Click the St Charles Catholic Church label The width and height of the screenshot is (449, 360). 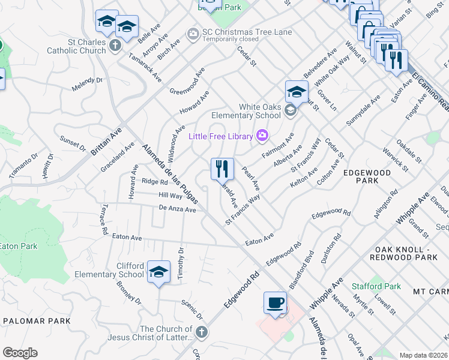pyautogui.click(x=78, y=46)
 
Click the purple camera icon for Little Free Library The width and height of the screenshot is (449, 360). pyautogui.click(x=262, y=136)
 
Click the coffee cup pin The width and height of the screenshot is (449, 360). pyautogui.click(x=275, y=302)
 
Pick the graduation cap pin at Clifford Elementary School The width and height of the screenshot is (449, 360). pyautogui.click(x=158, y=273)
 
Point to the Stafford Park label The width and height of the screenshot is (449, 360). pyautogui.click(x=376, y=286)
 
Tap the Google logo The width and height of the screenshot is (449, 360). pyautogui.click(x=19, y=353)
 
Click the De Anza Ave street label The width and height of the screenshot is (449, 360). pyautogui.click(x=177, y=209)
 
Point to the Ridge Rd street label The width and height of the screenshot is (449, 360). pyautogui.click(x=154, y=181)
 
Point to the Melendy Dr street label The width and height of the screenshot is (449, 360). pyautogui.click(x=88, y=84)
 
